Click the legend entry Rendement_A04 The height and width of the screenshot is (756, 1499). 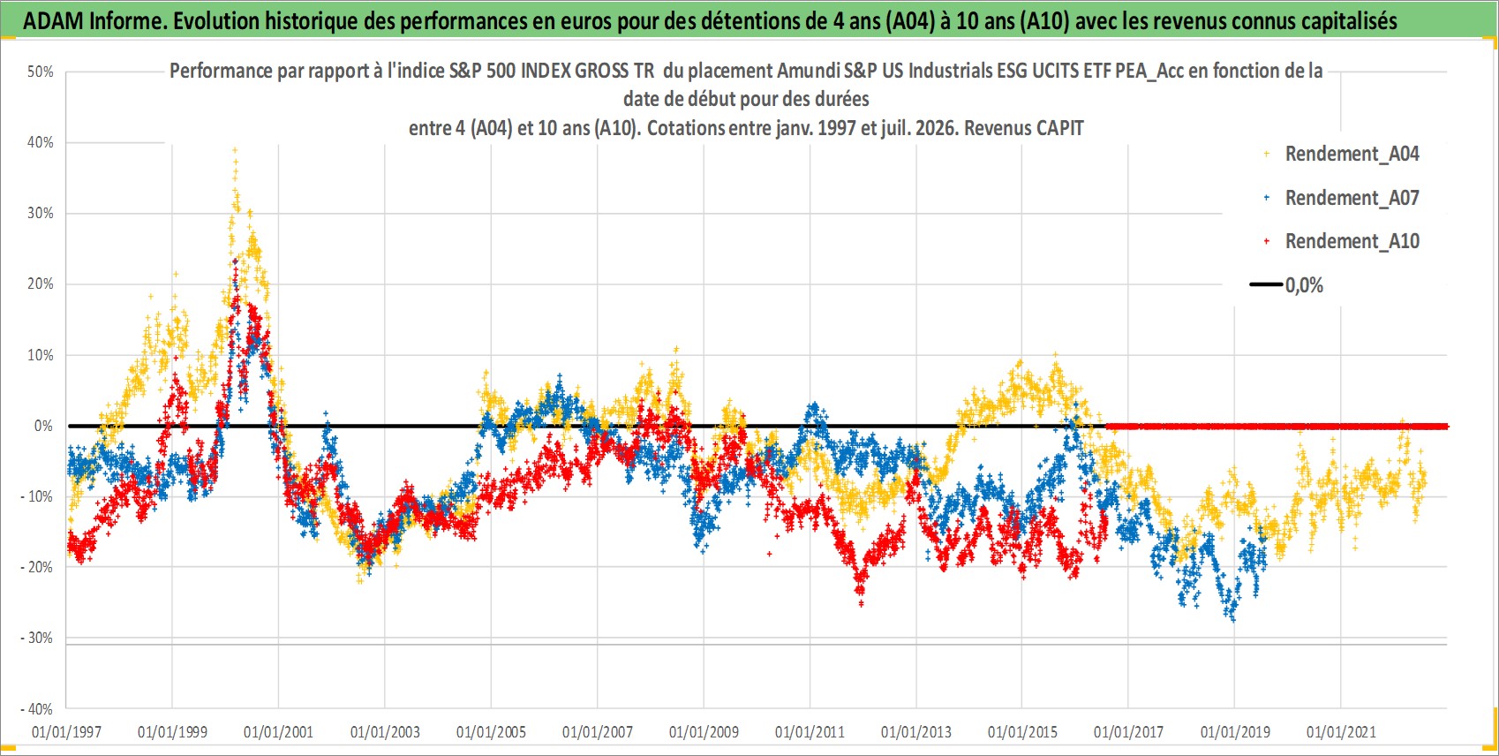tap(1352, 154)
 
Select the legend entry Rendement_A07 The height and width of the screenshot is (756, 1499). tap(1352, 198)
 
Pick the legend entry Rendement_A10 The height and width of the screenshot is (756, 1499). tap(1352, 241)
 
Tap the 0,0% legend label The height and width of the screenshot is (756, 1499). tap(1304, 285)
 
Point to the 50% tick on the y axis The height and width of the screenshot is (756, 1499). tap(41, 72)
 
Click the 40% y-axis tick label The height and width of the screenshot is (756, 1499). tap(41, 142)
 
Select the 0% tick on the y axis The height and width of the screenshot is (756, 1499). tap(43, 426)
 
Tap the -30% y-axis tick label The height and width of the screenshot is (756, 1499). tap(37, 638)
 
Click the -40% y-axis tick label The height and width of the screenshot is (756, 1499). tap(37, 708)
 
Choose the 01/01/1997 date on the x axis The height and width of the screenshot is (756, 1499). tap(66, 732)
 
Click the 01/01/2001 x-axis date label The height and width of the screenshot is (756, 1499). tap(278, 732)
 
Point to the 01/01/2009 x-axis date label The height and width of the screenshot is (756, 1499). tap(704, 732)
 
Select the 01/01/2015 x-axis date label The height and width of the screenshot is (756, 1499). tap(1022, 732)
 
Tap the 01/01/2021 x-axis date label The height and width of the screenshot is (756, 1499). tap(1341, 732)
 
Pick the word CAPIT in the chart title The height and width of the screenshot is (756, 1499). tap(1058, 128)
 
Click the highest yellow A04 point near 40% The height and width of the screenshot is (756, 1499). tap(234, 150)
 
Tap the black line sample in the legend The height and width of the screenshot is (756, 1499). tap(1266, 284)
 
